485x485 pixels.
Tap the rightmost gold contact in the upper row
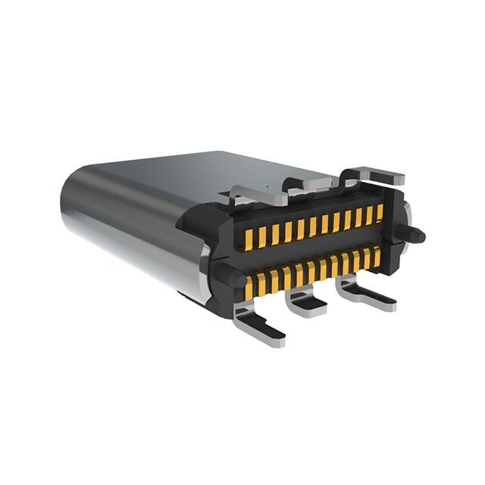(x=380, y=212)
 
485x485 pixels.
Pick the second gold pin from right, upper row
(x=369, y=214)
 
